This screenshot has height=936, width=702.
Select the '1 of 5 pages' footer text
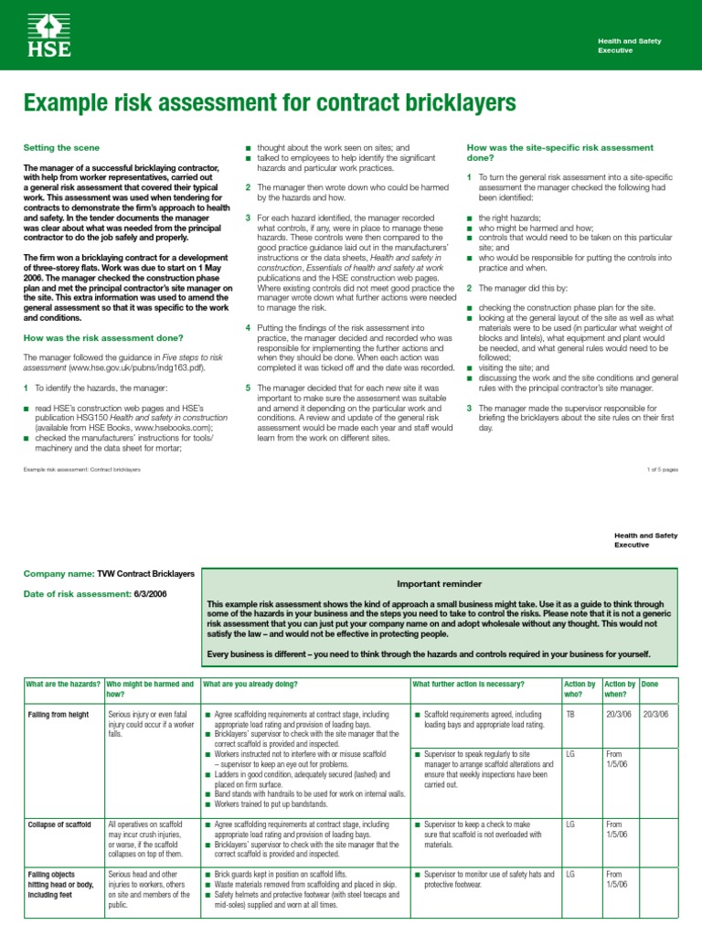click(x=662, y=469)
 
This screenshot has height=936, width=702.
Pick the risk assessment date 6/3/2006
click(x=169, y=594)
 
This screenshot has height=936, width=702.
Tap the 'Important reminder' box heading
click(x=439, y=583)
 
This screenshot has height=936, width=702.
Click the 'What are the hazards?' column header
click(x=62, y=684)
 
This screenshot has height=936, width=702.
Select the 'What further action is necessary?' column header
click(x=469, y=684)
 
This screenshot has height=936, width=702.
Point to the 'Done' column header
click(x=651, y=684)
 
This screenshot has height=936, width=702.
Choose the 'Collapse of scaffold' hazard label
click(x=60, y=824)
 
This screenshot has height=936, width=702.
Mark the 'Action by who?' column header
click(x=580, y=689)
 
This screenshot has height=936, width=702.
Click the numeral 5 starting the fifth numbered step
click(x=248, y=388)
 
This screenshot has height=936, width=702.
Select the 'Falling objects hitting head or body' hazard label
click(x=61, y=885)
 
